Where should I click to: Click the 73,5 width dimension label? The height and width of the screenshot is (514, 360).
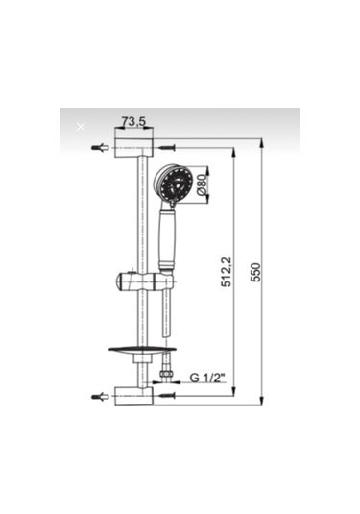tap(133, 121)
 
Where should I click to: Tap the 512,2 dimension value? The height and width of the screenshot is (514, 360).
tap(226, 272)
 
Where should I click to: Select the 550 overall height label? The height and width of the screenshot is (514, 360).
tap(255, 272)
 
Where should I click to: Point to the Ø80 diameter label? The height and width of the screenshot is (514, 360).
tap(203, 184)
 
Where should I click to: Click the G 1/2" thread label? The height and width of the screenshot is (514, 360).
tap(207, 378)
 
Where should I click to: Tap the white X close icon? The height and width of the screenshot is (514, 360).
tap(81, 127)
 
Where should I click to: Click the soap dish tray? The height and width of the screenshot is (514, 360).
tap(142, 350)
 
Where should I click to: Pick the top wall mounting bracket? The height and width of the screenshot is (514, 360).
tap(133, 148)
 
